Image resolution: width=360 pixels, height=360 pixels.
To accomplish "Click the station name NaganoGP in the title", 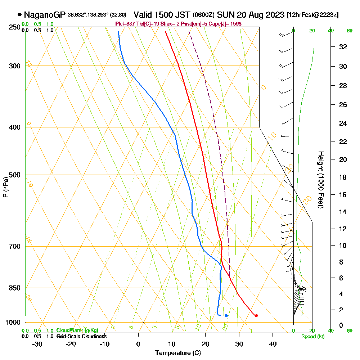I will point(45,15).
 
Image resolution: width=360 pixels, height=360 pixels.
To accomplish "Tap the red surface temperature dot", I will point(256,316).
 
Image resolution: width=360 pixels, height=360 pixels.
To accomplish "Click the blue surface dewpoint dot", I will point(226,316).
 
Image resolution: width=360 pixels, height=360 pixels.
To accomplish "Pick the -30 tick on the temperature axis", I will point(37,344).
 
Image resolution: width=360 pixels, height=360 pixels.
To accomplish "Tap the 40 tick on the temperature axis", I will point(273,344).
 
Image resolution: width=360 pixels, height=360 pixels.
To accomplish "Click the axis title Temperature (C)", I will point(178,353).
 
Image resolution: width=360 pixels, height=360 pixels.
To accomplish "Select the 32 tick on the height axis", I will point(343,47).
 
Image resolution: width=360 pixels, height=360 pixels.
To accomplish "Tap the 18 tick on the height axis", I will point(343,177).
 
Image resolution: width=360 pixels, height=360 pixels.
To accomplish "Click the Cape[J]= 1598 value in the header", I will point(229,24).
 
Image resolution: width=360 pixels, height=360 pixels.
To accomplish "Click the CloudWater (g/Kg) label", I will point(77,330).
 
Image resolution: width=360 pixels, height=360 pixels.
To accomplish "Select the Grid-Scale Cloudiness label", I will point(81,336).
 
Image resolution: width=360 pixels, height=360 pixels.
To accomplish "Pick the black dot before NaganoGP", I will point(19,15).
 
